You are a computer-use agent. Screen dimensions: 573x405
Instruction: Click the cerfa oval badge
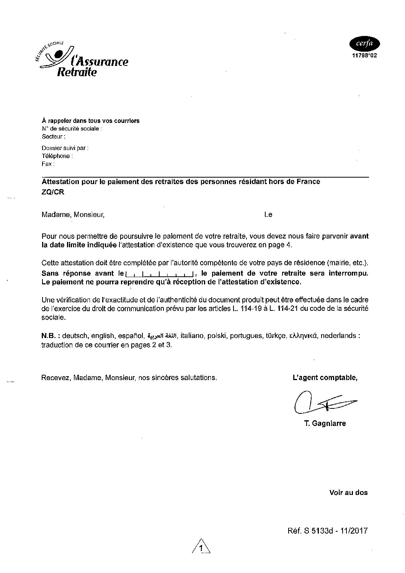364,44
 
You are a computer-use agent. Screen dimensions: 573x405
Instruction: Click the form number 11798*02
364,55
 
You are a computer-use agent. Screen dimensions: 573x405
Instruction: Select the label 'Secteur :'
53,136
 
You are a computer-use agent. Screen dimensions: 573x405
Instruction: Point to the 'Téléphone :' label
57,156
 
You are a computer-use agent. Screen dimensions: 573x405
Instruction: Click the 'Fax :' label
48,164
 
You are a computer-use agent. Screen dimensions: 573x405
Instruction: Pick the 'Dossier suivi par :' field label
65,148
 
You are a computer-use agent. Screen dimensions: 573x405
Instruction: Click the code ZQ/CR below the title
53,192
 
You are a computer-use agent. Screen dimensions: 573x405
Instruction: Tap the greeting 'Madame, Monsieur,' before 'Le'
73,215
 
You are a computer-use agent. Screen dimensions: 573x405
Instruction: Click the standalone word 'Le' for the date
268,215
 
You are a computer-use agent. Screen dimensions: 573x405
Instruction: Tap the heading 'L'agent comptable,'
325,378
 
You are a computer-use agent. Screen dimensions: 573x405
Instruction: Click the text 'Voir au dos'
348,493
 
